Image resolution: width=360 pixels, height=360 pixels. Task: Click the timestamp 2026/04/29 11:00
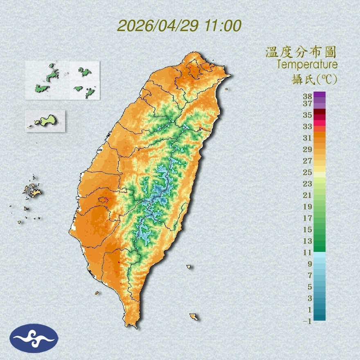(x=179, y=26)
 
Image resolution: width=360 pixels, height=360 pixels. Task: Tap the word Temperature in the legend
(x=307, y=65)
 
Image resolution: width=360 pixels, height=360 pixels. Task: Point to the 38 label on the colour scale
(x=308, y=97)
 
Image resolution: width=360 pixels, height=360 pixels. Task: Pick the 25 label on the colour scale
(x=308, y=172)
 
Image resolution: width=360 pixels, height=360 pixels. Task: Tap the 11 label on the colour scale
(x=308, y=252)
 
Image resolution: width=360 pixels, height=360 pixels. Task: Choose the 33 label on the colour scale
(x=308, y=126)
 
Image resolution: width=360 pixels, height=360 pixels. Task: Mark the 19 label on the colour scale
(x=308, y=206)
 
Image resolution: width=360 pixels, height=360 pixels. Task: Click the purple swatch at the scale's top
(x=320, y=94)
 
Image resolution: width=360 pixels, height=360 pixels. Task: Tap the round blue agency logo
(x=34, y=338)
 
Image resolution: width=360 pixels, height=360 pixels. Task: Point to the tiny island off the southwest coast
(x=97, y=293)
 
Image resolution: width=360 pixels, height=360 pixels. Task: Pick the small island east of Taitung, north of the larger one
(x=189, y=267)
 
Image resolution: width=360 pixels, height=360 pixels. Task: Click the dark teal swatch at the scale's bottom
(x=320, y=317)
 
